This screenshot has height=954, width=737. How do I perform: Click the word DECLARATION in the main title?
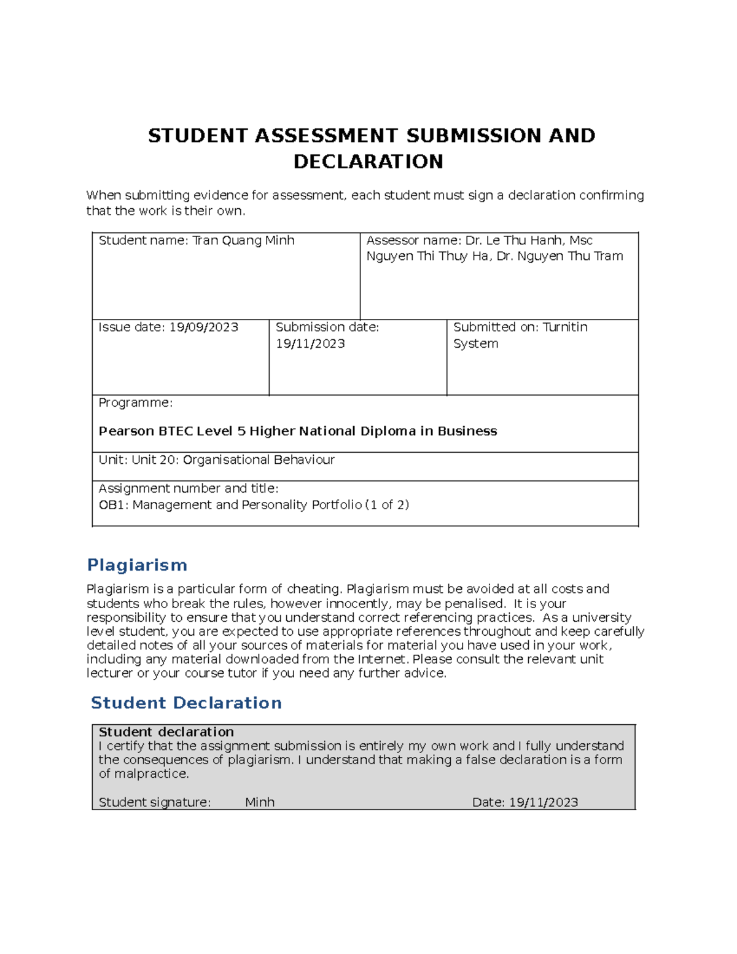tap(368, 162)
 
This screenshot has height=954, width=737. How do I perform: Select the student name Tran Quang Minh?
tap(243, 241)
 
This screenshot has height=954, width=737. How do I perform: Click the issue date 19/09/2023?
tap(203, 327)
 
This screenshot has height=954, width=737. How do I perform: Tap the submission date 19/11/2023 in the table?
tap(310, 344)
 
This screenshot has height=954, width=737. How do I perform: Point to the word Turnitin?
tap(564, 327)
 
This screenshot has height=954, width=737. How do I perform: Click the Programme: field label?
tap(135, 403)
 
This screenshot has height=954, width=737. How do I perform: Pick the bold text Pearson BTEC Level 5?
tap(172, 431)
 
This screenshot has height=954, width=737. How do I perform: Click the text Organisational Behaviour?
tap(259, 460)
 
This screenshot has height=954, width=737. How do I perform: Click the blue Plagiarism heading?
tap(137, 565)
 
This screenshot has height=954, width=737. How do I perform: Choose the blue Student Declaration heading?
tap(186, 703)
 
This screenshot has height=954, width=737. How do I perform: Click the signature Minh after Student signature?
tap(260, 802)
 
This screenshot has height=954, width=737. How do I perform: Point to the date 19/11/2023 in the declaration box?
tap(543, 802)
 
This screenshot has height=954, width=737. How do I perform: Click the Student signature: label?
tap(154, 802)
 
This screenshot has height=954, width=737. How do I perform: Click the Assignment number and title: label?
tap(189, 489)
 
